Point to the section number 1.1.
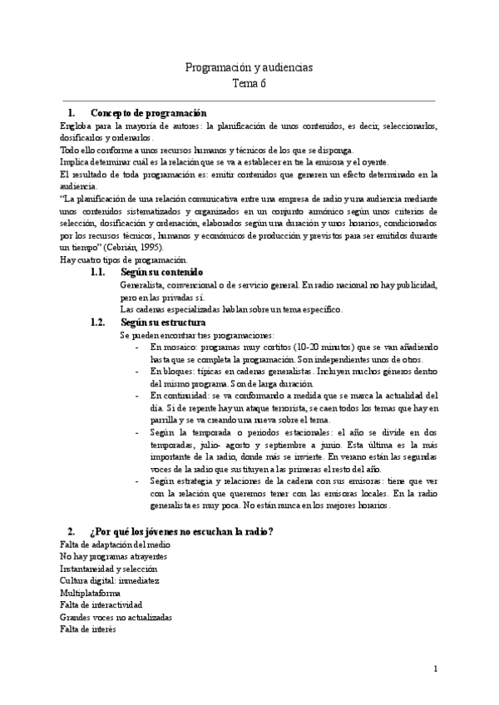coord(99,273)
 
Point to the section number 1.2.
coord(99,322)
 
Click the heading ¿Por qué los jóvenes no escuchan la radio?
coord(182,531)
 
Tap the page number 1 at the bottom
coord(434,669)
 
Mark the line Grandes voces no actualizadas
coord(116,618)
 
